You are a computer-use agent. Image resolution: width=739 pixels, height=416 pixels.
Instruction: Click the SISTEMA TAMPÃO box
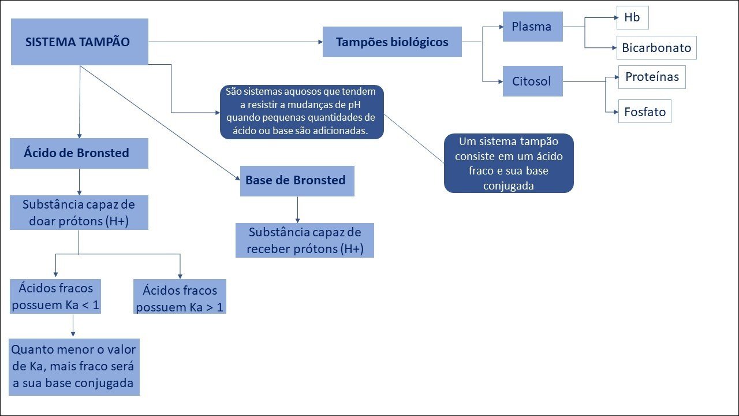(79, 42)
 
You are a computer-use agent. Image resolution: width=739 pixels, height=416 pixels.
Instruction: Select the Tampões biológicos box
(392, 42)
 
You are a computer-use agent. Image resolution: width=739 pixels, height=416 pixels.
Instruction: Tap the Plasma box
(532, 27)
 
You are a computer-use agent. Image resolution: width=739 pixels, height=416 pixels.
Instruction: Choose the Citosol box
(532, 81)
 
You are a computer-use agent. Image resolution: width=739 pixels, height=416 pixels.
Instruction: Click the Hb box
(632, 18)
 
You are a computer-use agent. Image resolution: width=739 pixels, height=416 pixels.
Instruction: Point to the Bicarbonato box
(656, 48)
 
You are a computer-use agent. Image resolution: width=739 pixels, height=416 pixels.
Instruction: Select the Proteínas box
(652, 77)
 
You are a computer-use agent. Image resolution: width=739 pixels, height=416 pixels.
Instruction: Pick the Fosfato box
(645, 112)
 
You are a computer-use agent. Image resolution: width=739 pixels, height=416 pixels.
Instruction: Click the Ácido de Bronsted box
(79, 153)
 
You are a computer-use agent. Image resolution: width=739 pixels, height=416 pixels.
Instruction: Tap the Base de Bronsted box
(296, 180)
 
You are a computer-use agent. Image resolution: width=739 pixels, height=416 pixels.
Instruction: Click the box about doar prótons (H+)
(79, 213)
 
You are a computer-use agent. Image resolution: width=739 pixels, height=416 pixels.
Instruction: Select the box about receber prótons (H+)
(305, 240)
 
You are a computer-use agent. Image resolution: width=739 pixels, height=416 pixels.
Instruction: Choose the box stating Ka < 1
(55, 296)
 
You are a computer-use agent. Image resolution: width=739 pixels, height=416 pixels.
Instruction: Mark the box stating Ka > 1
(180, 297)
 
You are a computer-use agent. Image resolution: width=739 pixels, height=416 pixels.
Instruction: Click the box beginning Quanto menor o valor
(74, 367)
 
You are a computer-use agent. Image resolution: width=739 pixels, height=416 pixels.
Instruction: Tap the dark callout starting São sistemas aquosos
(302, 112)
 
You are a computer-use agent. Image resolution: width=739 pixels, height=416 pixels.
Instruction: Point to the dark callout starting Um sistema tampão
(509, 163)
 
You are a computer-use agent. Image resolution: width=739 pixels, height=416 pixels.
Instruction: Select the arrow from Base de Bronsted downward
(297, 210)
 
